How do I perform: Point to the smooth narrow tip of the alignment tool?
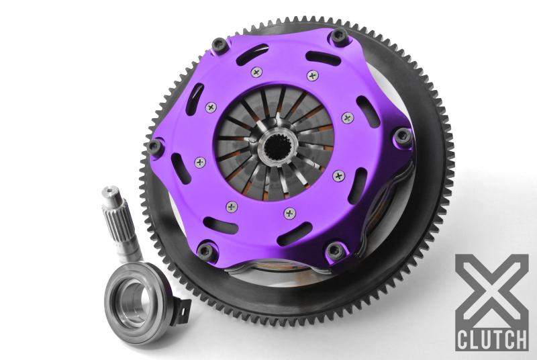[x=110, y=197]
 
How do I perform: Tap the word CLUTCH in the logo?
[x=492, y=339]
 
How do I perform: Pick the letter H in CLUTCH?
[x=521, y=339]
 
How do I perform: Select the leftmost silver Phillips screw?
[x=199, y=162]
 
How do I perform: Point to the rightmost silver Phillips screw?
[x=347, y=118]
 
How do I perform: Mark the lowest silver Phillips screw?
[x=290, y=213]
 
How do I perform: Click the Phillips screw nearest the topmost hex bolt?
[x=311, y=75]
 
